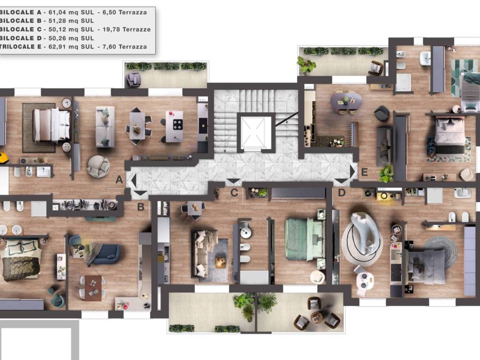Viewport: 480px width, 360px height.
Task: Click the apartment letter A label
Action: tap(119, 180)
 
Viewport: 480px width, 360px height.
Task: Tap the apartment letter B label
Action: tap(141, 207)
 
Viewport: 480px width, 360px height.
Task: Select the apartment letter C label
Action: tap(234, 193)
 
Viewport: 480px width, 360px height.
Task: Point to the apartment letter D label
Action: tap(342, 193)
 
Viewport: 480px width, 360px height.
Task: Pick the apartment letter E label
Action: tap(364, 172)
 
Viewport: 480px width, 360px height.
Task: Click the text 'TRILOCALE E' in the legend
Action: tap(21, 47)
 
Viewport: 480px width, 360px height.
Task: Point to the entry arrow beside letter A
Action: tap(134, 180)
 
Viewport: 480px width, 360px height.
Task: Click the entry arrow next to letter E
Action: tap(352, 172)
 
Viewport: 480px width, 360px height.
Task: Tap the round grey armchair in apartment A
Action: tap(98, 166)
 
